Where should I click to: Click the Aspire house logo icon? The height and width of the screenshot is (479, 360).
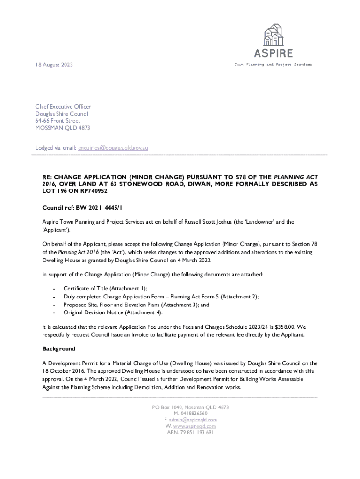274,35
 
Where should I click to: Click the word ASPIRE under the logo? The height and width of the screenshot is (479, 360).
274,53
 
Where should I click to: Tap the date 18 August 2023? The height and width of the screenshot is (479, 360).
54,65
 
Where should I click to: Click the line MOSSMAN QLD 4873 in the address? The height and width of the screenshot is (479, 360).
63,128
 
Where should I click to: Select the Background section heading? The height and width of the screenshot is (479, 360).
59,349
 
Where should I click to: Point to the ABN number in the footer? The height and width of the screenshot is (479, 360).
190,433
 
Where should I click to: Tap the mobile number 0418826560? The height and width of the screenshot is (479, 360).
194,414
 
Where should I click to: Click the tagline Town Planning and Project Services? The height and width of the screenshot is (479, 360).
273,65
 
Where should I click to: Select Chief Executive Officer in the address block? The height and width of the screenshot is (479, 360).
63,107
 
